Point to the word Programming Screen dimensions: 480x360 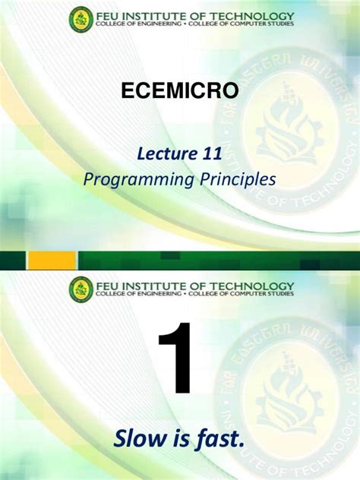coord(129,179)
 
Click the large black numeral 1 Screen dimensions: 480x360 coord(175,359)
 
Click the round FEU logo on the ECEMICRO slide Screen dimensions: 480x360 coord(81,20)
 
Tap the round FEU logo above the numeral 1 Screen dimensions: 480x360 coord(81,289)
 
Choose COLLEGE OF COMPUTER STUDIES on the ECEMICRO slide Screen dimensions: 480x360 coord(243,25)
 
